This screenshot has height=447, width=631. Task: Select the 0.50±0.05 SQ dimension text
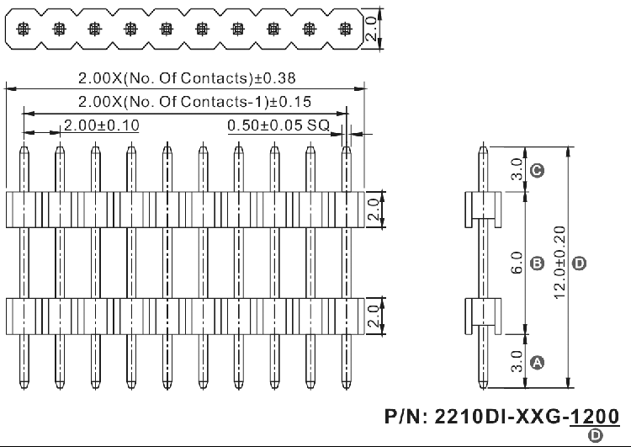coord(282,125)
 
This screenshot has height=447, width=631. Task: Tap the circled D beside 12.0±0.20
coord(579,264)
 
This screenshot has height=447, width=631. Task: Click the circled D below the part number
coord(596,435)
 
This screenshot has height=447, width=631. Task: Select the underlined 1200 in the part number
coord(595,416)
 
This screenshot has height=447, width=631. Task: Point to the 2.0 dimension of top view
coord(371,29)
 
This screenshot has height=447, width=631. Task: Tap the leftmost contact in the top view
coord(23,29)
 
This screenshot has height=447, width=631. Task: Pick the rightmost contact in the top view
coord(345,29)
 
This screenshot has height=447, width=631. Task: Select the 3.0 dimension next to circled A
coord(517,363)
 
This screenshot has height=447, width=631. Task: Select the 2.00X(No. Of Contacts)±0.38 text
coord(186,78)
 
